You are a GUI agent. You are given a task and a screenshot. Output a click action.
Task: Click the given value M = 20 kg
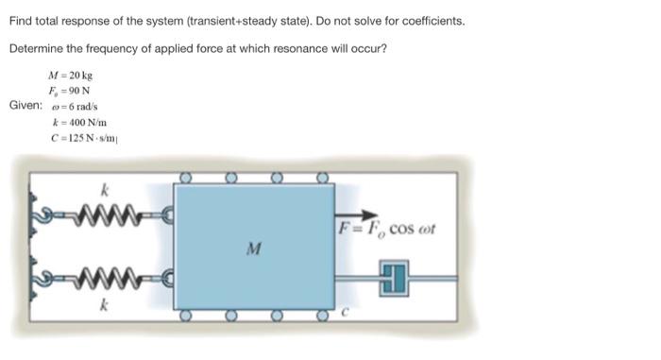click(x=67, y=75)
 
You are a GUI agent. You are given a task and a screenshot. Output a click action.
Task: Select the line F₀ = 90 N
click(x=66, y=90)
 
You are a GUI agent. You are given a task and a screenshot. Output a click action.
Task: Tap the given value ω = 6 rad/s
click(x=68, y=105)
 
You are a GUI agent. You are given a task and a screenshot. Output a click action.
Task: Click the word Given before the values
click(x=25, y=105)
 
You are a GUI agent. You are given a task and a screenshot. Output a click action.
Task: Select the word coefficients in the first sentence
click(x=426, y=20)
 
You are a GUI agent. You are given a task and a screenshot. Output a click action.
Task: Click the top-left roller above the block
click(x=187, y=177)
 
